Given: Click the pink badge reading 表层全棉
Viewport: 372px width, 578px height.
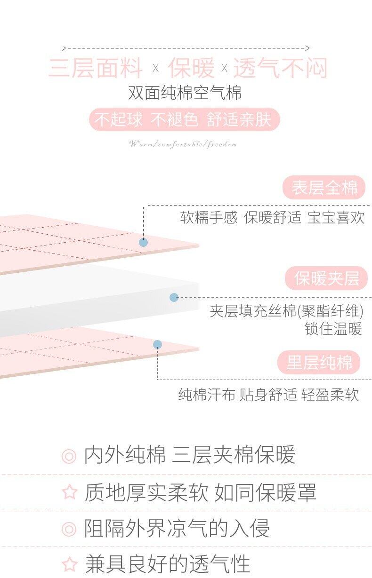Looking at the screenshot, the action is pos(324,188).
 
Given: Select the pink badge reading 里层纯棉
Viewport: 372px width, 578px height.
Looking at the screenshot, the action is pos(319,363).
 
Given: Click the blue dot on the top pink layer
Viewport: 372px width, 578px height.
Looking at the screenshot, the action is pos(143,243).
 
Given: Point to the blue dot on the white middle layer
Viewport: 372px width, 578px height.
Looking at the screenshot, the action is pos(174,297).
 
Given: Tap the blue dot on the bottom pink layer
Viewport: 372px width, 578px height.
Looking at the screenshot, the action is pos(157,345).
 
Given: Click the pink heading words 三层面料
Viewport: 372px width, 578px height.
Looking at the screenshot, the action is pos(96,69).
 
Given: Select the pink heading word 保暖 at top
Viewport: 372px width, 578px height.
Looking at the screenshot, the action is pos(191,69).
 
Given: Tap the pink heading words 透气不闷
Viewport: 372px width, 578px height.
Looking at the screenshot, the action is pos(280,69).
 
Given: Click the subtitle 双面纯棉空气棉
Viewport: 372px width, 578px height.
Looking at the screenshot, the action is pos(185,93).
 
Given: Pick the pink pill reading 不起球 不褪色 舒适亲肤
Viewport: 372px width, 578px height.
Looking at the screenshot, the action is pos(184,120).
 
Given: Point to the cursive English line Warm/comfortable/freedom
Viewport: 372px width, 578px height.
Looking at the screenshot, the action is pos(183,144).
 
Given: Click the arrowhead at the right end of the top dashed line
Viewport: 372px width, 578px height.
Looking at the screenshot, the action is pos(307,48).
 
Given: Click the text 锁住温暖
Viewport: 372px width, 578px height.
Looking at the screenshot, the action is pos(333,329).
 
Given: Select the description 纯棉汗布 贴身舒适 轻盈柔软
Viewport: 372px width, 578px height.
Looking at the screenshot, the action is pos(268,395).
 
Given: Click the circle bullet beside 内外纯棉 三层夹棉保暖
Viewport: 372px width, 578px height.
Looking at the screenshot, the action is pos(69,456).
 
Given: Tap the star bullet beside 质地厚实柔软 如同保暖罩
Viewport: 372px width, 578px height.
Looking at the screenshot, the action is pos(69,492).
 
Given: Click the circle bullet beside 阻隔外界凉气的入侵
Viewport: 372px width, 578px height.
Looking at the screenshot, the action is pos(69,529).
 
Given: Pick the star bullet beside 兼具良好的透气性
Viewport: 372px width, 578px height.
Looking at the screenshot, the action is pos(69,563).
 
